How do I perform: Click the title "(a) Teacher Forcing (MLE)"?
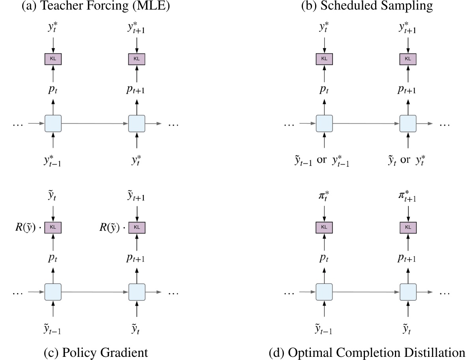pyautogui.click(x=95, y=6)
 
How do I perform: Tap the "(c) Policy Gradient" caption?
pyautogui.click(x=95, y=352)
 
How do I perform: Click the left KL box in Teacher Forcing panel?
pyautogui.click(x=53, y=59)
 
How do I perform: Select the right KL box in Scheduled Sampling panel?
pyautogui.click(x=408, y=59)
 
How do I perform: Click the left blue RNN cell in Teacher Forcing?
pyautogui.click(x=53, y=123)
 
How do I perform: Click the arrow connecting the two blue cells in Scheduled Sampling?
pyautogui.click(x=366, y=123)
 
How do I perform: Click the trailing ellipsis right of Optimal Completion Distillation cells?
pyautogui.click(x=445, y=293)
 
